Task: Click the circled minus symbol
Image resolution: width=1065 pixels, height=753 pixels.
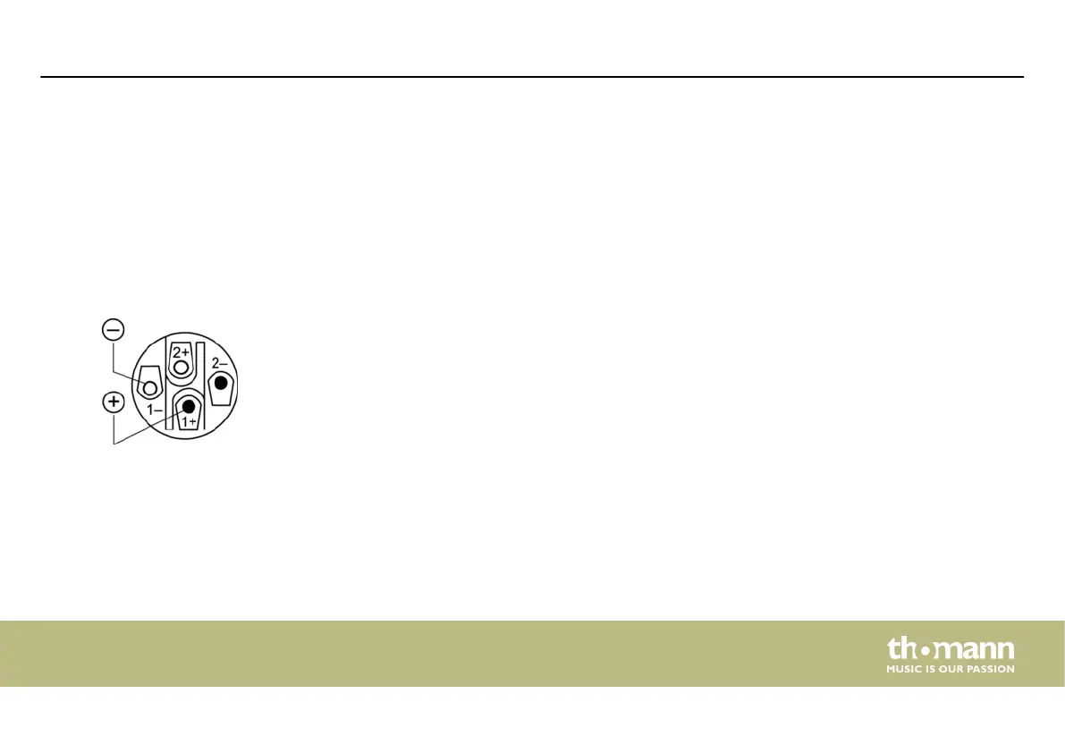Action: click(114, 329)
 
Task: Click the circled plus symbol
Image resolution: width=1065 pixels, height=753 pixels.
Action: click(114, 402)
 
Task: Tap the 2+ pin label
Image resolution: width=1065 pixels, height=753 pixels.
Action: click(181, 351)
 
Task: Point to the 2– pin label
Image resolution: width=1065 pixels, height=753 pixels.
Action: click(219, 363)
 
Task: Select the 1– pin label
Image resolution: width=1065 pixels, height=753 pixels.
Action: click(155, 410)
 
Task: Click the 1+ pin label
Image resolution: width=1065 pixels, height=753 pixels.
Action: click(189, 421)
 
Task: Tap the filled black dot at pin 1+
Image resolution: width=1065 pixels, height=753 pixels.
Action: click(189, 407)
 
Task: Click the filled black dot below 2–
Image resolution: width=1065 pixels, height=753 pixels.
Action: click(221, 383)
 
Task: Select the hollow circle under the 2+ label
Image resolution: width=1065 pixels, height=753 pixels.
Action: click(181, 368)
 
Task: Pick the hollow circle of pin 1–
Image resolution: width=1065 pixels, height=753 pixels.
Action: click(150, 389)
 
